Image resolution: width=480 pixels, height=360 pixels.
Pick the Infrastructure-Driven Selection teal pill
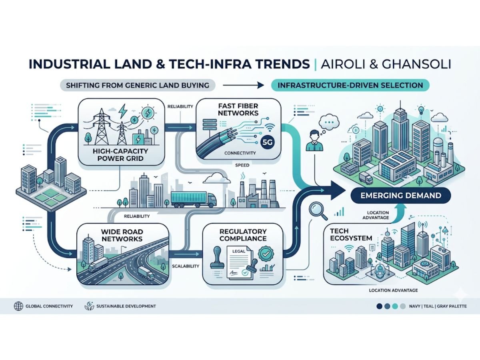tap(350, 85)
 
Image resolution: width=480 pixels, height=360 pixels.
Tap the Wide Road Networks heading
tap(122, 235)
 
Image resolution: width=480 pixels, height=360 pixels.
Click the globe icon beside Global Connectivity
tap(18, 306)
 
